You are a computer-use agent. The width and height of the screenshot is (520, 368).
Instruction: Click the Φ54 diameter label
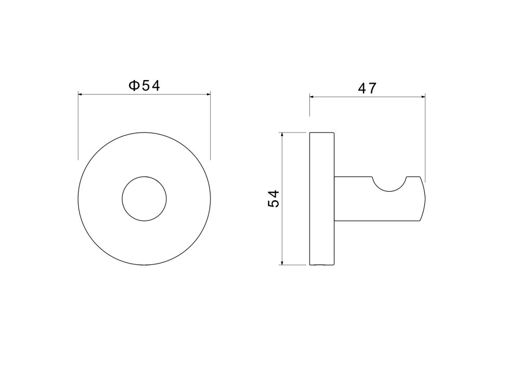[144, 86]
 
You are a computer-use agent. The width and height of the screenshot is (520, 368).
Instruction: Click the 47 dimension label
[367, 88]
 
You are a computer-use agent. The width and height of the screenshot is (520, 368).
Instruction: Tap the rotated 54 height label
[274, 199]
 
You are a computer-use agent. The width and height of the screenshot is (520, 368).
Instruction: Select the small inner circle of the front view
[144, 177]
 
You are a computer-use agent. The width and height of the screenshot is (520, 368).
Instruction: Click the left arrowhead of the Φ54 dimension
[80, 94]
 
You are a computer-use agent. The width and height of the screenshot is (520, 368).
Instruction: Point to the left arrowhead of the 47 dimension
[311, 97]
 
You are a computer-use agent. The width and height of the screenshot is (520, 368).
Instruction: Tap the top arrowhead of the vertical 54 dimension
[282, 135]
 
